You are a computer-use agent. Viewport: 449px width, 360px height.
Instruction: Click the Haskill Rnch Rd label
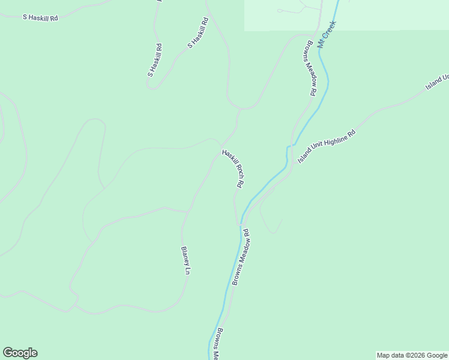tap(234, 169)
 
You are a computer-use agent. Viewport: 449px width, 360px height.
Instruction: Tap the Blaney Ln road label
tap(185, 260)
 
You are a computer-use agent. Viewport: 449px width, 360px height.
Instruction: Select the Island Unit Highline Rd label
tap(327, 146)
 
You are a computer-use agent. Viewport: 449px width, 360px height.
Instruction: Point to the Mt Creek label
tap(328, 34)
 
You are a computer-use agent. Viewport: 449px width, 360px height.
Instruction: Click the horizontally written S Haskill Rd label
tap(40, 17)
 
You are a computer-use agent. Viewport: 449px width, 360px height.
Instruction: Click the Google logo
tap(20, 353)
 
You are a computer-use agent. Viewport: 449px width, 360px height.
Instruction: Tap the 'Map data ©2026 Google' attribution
tap(412, 355)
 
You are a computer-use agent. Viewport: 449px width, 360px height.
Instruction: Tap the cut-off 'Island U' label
tap(438, 82)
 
